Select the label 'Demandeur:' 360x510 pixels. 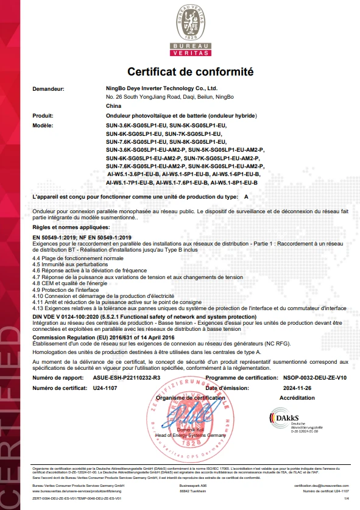click(x=48, y=89)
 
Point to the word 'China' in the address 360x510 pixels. click(x=113, y=106)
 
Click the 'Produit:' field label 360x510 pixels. click(x=43, y=115)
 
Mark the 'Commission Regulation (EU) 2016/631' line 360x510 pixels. click(x=103, y=336)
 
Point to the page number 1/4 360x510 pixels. click(x=345, y=499)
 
